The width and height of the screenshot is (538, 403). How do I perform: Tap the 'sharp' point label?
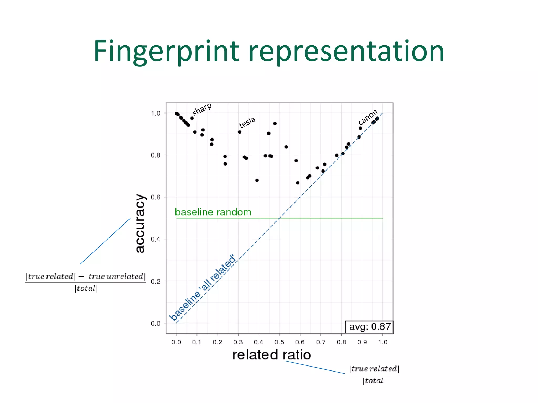pos(202,109)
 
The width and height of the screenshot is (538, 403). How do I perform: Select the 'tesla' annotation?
pos(247,122)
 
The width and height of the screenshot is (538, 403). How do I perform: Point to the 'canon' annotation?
pos(368,117)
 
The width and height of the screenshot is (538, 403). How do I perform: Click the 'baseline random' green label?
pos(213,212)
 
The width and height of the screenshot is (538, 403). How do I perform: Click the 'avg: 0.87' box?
pos(369,327)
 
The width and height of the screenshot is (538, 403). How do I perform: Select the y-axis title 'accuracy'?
pos(140,223)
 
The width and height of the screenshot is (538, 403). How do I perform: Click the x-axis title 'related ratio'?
pos(272,355)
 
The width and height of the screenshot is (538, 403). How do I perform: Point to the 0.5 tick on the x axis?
pos(279,342)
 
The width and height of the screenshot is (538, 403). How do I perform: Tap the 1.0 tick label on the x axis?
pos(382,342)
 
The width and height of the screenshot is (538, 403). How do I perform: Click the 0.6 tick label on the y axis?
pos(156,197)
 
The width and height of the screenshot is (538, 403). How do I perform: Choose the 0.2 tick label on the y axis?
pos(156,282)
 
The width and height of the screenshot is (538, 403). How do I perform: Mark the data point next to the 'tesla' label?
pos(240,132)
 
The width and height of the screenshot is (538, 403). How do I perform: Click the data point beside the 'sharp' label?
pos(192,118)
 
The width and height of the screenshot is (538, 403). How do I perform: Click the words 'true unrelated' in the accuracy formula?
pos(116,277)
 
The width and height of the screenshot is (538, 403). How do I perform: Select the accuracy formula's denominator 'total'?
pos(86,289)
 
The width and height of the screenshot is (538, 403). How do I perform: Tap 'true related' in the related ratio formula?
pos(374,369)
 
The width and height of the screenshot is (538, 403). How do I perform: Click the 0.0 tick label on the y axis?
pos(156,324)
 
